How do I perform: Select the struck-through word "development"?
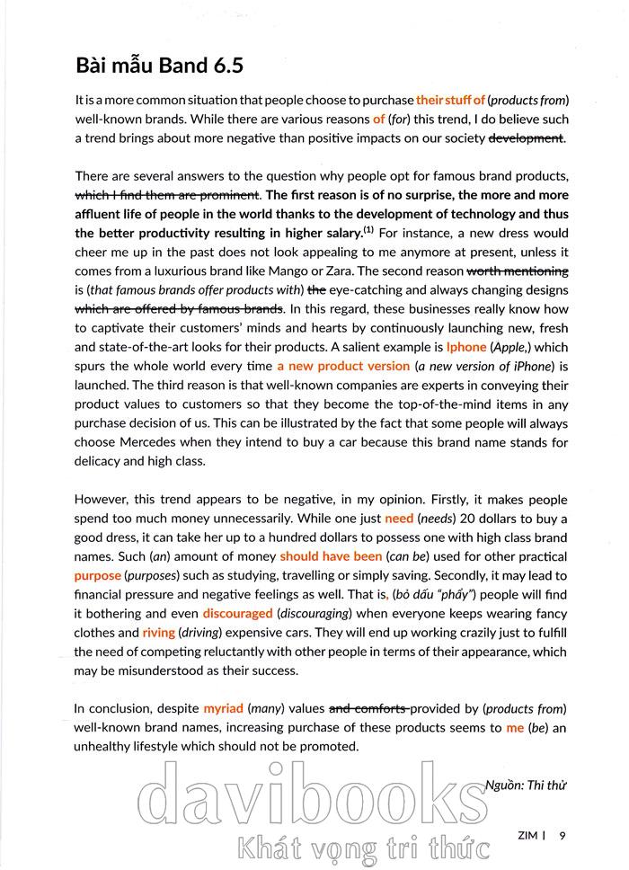pos(526,138)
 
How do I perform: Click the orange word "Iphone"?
pos(466,346)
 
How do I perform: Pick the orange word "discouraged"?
pos(237,613)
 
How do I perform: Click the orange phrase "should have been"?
pos(331,556)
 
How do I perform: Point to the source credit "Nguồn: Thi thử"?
pos(526,785)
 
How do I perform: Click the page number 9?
pos(563,835)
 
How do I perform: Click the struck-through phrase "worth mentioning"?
pos(517,271)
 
